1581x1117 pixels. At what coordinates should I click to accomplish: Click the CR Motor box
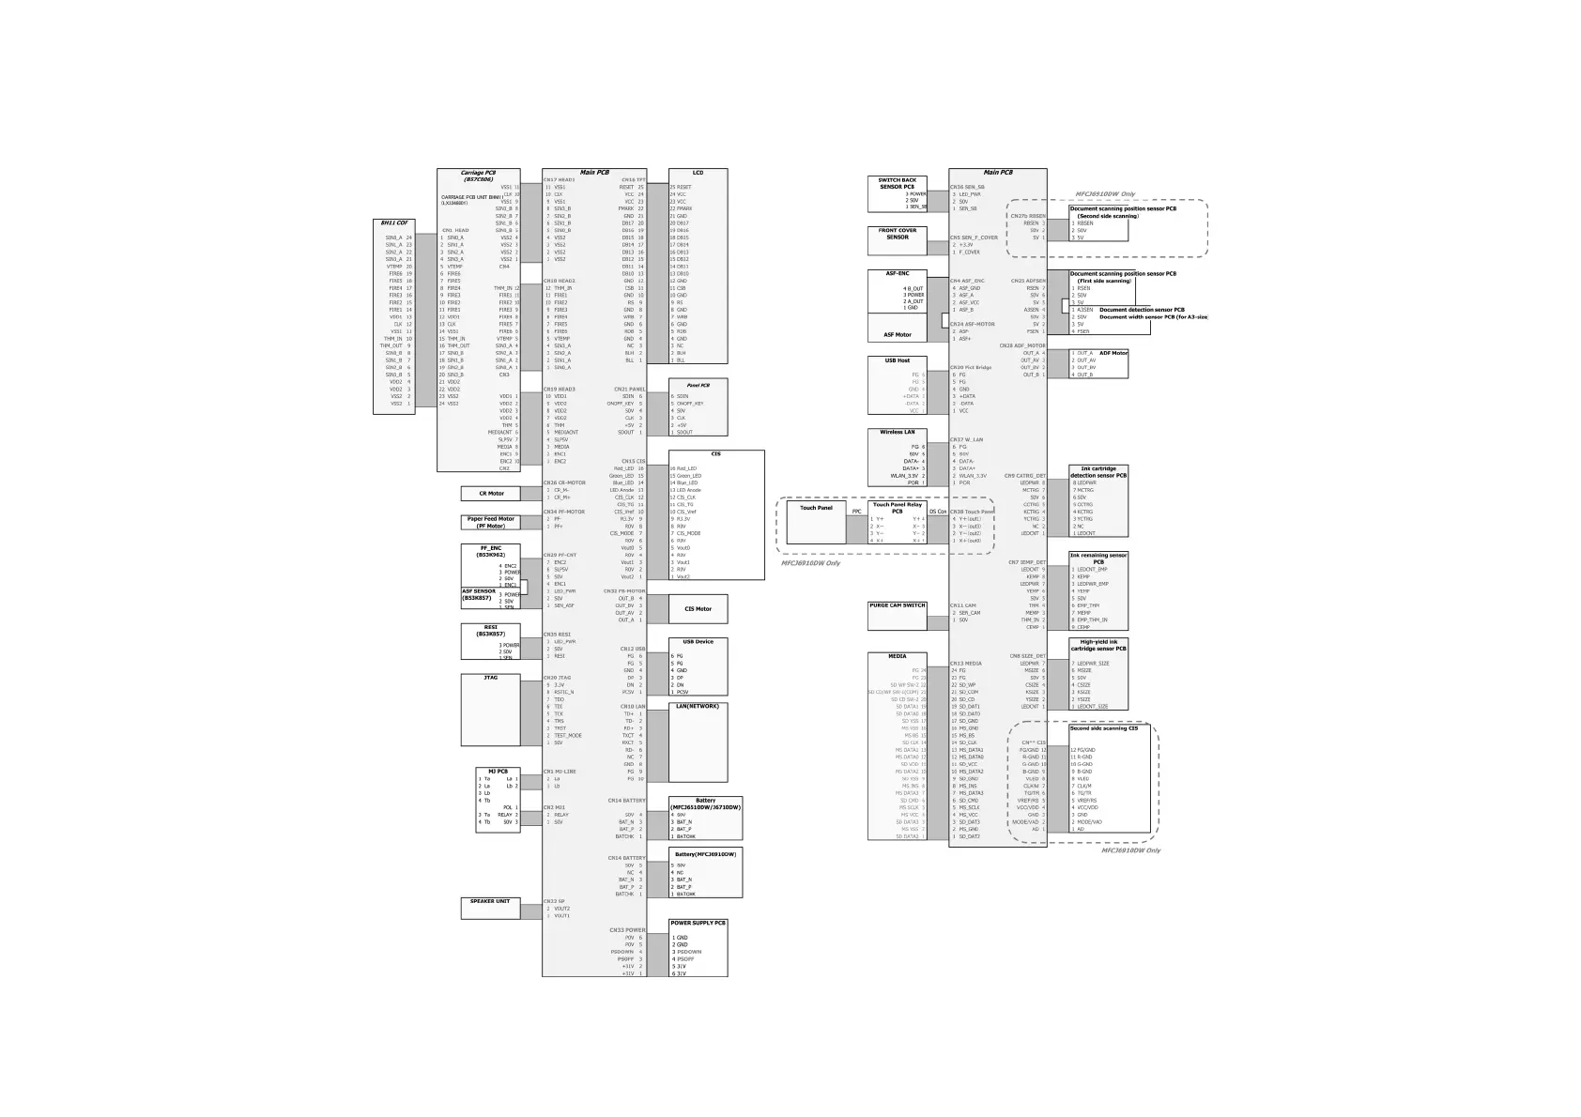[x=490, y=494]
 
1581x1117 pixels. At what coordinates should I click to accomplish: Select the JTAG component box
[x=490, y=710]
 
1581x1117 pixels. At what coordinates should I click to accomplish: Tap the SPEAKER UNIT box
[x=490, y=908]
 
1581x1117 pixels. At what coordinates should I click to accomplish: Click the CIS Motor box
[x=698, y=609]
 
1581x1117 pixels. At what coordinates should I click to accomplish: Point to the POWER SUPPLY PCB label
[x=698, y=923]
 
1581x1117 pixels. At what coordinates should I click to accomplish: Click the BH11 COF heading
[x=393, y=223]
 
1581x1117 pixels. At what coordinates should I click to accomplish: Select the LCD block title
[x=698, y=173]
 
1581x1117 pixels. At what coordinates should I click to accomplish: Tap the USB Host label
[x=897, y=360]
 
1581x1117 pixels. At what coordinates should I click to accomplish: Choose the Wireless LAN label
[x=897, y=433]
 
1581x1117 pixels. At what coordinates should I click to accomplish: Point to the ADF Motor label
[x=1113, y=353]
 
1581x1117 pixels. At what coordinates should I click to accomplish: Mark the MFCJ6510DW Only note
[x=1104, y=194]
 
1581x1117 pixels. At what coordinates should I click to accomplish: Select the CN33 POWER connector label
[x=627, y=930]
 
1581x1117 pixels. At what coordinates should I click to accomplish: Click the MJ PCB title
[x=498, y=772]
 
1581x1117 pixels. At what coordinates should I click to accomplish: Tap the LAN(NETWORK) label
[x=697, y=706]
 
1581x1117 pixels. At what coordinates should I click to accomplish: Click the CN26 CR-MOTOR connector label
[x=563, y=482]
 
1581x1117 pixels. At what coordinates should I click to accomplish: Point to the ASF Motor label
[x=897, y=334]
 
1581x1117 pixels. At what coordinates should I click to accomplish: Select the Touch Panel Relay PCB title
[x=897, y=508]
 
